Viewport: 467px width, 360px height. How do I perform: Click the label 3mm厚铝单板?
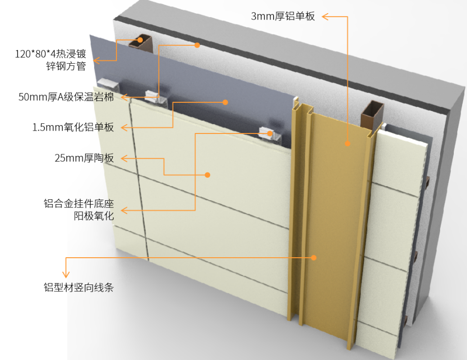283,16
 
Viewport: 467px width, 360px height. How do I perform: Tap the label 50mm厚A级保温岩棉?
66,97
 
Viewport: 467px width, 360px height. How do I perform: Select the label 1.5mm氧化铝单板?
73,127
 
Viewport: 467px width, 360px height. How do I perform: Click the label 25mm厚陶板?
84,158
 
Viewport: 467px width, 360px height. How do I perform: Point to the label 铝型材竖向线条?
78,287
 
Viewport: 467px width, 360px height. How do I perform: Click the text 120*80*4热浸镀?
50,54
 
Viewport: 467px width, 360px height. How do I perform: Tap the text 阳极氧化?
94,216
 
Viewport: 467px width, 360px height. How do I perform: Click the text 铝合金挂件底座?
79,204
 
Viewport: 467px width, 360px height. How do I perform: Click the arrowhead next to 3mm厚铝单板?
325,17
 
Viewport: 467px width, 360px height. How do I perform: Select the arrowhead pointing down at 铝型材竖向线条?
66,274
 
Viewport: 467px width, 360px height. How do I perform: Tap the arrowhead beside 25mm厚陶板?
124,158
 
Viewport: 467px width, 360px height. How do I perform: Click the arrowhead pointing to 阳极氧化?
124,210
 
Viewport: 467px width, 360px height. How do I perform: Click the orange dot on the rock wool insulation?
197,45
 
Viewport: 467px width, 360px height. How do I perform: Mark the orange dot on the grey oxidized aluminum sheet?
225,102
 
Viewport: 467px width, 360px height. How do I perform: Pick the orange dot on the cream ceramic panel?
208,175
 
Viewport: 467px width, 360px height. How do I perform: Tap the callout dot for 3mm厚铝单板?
348,144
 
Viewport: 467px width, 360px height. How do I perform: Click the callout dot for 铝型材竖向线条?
313,258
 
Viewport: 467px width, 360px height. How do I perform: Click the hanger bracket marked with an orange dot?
269,134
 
